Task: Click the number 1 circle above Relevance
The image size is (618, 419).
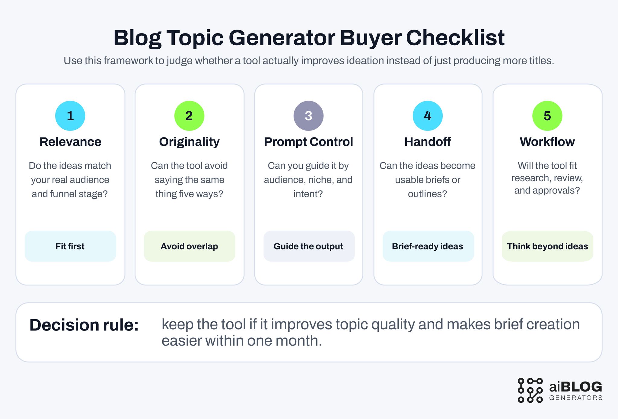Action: (70, 116)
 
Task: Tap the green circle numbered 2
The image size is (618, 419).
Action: (189, 116)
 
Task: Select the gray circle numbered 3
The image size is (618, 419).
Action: (308, 116)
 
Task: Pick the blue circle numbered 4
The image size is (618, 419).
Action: (428, 116)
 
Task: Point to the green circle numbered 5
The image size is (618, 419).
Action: (547, 116)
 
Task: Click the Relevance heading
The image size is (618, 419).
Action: (70, 142)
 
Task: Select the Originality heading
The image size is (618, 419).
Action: (189, 142)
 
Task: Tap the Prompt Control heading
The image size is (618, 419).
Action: (308, 142)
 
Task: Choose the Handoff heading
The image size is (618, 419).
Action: (428, 142)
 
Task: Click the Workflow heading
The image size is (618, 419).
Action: (547, 142)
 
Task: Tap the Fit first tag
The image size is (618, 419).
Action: (70, 246)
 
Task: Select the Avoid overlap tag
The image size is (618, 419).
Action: (189, 246)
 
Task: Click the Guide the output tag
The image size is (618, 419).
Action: (309, 246)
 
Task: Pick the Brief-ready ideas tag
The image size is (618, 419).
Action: (428, 246)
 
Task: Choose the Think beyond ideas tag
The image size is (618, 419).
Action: (547, 246)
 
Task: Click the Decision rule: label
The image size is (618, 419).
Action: (84, 325)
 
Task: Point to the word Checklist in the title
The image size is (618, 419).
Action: (455, 38)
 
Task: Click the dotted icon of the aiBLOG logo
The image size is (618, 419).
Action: (530, 390)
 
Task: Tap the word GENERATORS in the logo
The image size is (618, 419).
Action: (576, 398)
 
